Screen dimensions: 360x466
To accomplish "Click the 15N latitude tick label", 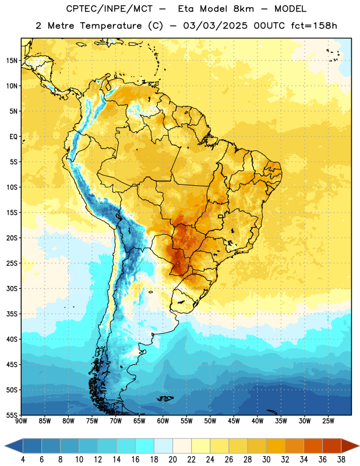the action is click(12, 61).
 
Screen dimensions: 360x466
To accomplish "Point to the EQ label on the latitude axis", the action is click(13, 137).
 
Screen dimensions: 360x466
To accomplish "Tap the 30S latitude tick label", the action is click(12, 288).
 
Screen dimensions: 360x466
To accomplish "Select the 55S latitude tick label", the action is click(12, 415).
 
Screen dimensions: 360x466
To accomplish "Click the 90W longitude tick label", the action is click(21, 421).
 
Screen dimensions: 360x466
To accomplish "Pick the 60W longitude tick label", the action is click(163, 421).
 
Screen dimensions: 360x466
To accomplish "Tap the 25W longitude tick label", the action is click(328, 421).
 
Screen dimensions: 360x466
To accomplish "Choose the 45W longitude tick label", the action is click(234, 421).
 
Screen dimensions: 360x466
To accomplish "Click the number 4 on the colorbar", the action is click(23, 460).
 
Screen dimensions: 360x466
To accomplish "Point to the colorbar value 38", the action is click(341, 460).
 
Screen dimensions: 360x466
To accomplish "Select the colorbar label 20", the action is click(172, 460).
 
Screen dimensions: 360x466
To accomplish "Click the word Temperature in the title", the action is click(111, 26).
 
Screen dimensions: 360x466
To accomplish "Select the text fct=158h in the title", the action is click(314, 26).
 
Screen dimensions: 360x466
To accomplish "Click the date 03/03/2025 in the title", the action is click(215, 26).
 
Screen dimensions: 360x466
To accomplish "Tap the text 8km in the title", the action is click(243, 9).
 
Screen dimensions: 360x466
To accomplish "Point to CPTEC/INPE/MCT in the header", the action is click(109, 9).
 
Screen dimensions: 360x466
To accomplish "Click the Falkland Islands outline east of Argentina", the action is click(165, 398).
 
